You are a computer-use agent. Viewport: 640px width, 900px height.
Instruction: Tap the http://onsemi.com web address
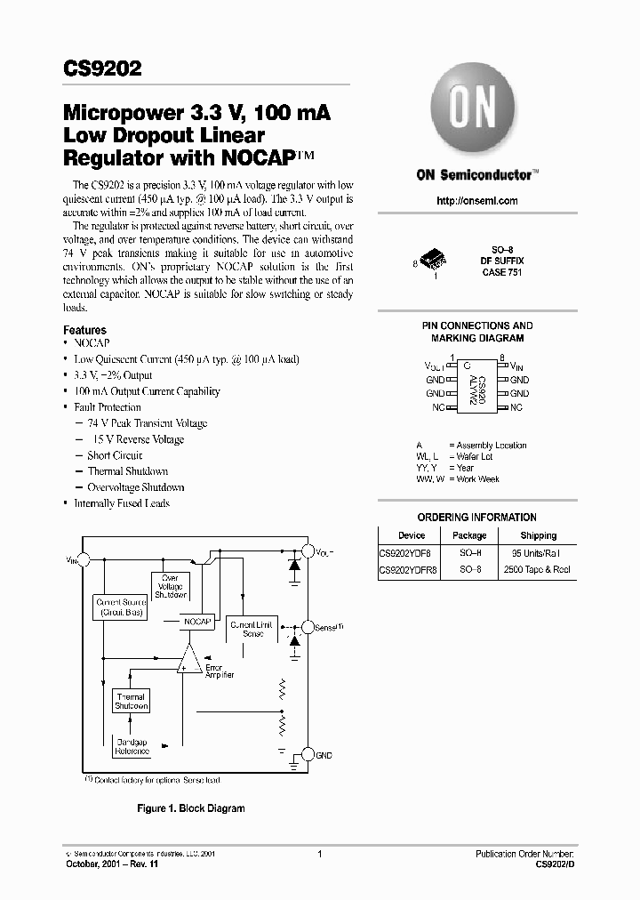[477, 201]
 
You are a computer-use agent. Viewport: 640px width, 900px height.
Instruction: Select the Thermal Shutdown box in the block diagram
[131, 701]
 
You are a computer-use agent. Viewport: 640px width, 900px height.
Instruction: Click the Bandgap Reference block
[132, 746]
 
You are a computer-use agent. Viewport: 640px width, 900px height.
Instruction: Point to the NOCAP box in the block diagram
[197, 622]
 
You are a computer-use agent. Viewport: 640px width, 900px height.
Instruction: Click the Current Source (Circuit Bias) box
[121, 607]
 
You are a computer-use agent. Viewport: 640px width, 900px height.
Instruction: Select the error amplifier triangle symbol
[188, 661]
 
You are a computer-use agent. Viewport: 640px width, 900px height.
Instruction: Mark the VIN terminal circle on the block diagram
[84, 559]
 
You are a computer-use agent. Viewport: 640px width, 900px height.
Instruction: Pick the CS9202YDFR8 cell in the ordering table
[408, 569]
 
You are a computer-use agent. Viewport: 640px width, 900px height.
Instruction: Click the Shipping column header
[539, 535]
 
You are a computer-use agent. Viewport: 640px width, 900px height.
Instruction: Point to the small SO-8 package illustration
[433, 259]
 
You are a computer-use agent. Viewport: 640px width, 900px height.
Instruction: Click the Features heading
[84, 330]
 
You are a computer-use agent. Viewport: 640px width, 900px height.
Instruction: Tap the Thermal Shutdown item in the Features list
[128, 471]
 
